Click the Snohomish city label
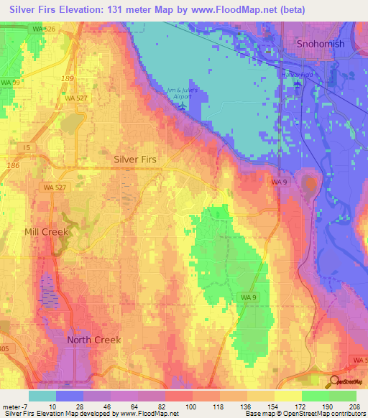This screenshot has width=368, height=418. click(321, 44)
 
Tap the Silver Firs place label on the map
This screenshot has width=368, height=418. click(135, 159)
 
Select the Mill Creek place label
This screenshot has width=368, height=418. click(45, 232)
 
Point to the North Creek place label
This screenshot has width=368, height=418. click(93, 340)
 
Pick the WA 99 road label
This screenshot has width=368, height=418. click(11, 83)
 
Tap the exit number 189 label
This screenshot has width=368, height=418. click(67, 78)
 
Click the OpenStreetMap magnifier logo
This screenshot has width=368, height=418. click(333, 382)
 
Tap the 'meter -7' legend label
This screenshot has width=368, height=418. click(14, 407)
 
